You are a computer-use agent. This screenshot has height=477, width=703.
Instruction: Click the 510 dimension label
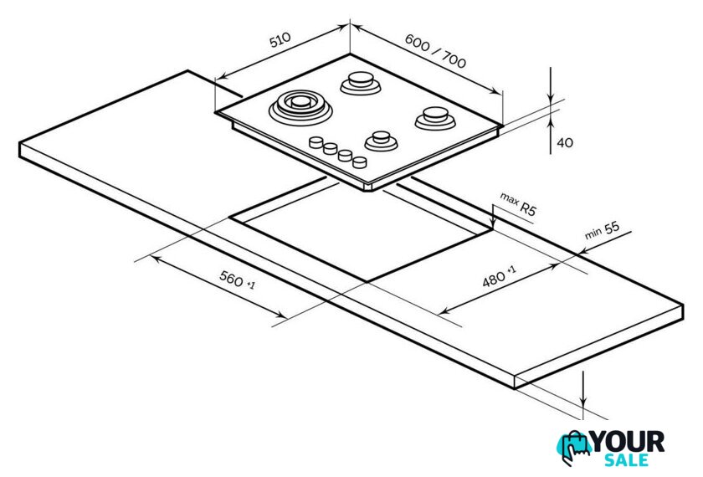point(280,40)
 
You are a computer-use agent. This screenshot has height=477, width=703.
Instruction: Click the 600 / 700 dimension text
point(435,51)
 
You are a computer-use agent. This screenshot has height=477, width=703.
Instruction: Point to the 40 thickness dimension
point(565,142)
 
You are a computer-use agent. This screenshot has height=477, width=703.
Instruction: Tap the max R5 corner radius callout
point(518,204)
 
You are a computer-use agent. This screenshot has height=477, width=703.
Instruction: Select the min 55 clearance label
point(602,230)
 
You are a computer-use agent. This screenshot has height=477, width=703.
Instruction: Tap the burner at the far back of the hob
point(361,83)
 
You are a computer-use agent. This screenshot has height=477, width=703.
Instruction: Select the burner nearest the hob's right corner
point(435,117)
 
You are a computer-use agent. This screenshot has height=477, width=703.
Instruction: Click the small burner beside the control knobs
point(381,141)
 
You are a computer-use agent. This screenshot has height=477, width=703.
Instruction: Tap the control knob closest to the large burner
point(316,142)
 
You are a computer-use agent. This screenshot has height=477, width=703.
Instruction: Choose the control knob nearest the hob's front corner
point(360,162)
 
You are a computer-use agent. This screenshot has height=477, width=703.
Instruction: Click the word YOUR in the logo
point(629,442)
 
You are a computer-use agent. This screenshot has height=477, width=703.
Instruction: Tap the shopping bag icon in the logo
point(574,449)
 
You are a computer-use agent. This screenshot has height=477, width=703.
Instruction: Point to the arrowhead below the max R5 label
point(493,223)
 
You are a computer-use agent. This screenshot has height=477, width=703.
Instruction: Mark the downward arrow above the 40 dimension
point(551,85)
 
